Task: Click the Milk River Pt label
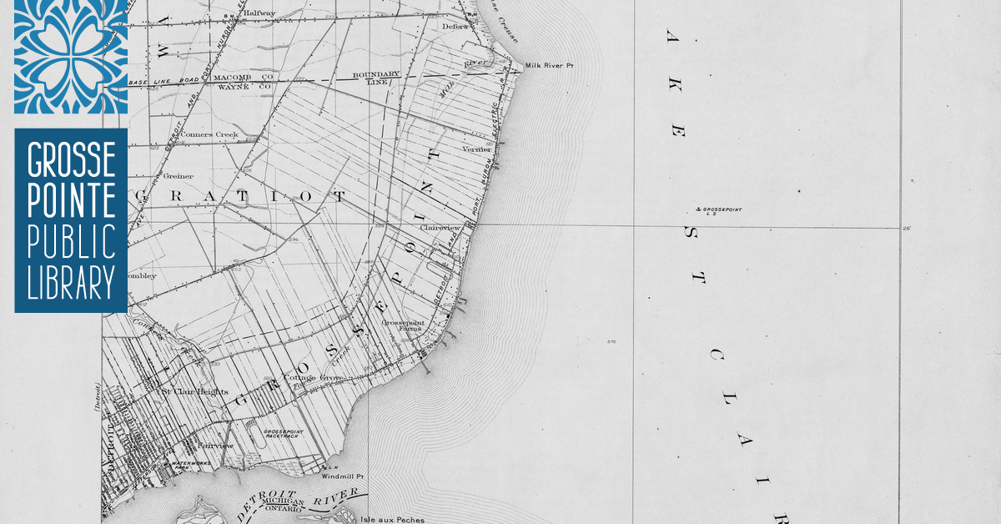coord(551,65)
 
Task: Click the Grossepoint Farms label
coord(401,326)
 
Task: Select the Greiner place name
coord(179,176)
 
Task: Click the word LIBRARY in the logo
coord(71,285)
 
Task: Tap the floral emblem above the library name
coord(71,55)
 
